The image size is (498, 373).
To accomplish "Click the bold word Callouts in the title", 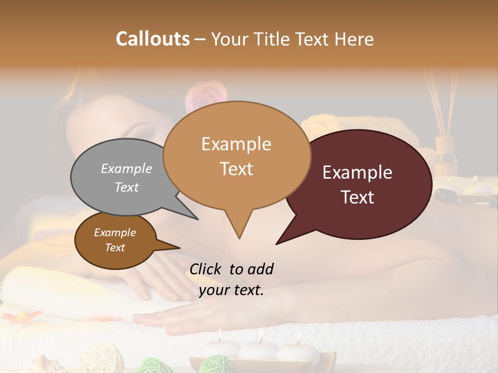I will (x=153, y=39).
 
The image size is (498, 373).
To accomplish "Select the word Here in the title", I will (x=354, y=39).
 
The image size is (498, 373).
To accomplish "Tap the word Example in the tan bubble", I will (x=236, y=144).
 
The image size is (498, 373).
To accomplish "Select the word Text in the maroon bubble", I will (x=358, y=197).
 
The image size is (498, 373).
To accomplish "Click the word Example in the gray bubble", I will (x=127, y=169).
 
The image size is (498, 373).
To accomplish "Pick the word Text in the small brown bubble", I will (x=115, y=248).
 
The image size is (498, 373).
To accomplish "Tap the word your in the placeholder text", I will (x=215, y=291).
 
